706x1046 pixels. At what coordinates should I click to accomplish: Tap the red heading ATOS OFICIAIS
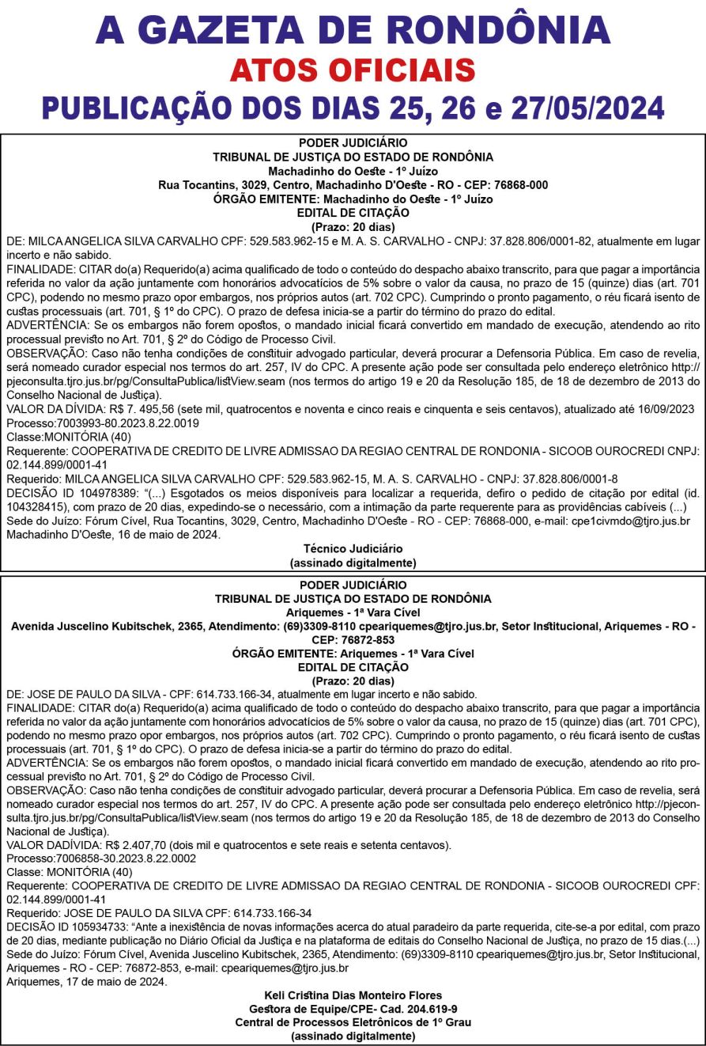[353, 70]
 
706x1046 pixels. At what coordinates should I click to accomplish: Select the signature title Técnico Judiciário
[353, 548]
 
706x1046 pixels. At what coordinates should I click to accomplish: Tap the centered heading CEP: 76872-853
[353, 640]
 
